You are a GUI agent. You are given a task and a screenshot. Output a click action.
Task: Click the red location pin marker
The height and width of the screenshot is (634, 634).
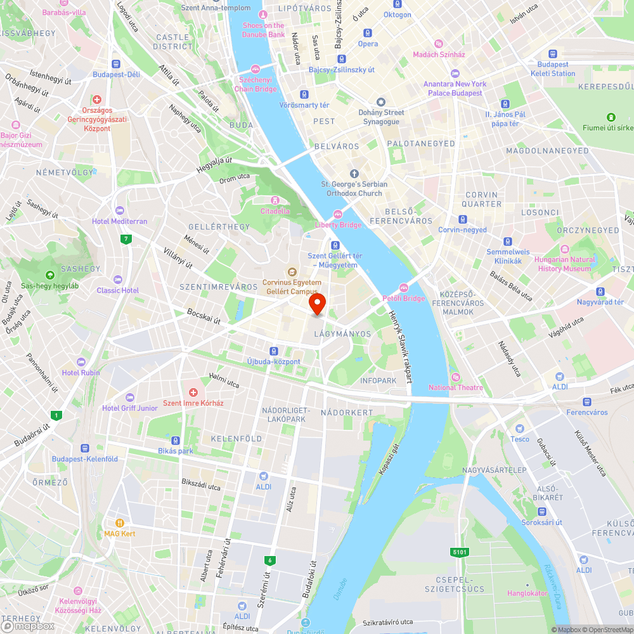coord(317,304)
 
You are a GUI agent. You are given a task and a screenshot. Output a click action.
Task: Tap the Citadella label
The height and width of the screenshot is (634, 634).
coord(275,211)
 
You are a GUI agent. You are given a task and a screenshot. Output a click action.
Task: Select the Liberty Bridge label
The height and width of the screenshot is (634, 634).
coord(339,224)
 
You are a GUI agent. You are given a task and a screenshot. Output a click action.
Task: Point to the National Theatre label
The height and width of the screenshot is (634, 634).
coord(455,387)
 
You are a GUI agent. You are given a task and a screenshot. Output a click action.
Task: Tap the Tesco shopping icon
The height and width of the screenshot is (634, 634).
coord(520,429)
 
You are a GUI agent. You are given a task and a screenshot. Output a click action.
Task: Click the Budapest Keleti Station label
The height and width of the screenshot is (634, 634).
coord(553,68)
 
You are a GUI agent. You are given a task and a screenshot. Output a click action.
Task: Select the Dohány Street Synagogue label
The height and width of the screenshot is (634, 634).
coord(381,117)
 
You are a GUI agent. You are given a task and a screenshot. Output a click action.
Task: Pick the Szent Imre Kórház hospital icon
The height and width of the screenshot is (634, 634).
coord(194,393)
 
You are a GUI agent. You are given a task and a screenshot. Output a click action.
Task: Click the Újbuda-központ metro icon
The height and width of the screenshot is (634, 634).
coord(273,351)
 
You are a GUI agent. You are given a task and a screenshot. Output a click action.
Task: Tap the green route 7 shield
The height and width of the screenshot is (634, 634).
coord(127,239)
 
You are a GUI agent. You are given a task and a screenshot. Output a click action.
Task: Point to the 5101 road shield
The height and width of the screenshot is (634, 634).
coord(460,552)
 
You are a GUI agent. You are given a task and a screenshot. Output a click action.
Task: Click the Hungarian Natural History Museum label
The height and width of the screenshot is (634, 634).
coord(565,264)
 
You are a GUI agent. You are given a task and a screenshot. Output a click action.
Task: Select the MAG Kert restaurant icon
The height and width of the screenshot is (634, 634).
coord(119,523)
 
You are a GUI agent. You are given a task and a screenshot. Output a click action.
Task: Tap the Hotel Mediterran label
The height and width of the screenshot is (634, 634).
coord(119,221)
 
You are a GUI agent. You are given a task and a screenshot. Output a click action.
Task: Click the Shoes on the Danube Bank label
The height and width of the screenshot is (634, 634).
coord(263,30)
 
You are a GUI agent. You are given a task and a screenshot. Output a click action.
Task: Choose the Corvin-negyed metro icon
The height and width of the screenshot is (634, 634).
coord(463,219)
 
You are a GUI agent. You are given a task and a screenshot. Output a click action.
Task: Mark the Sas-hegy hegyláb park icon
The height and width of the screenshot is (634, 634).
coord(49,275)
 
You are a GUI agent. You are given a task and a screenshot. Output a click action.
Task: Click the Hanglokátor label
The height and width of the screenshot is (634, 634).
coord(527,593)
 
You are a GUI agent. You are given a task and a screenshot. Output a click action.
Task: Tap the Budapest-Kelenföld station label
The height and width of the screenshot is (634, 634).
coord(85,459)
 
